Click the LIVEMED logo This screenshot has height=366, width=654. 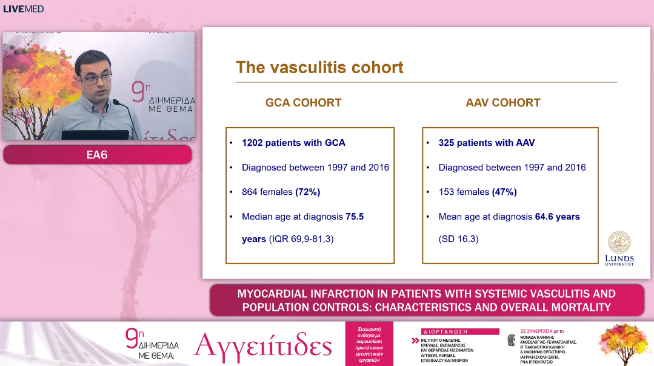click(23, 8)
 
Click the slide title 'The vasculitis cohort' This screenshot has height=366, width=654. click(319, 67)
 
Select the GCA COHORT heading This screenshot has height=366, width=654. click(303, 103)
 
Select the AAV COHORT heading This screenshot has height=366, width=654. click(503, 103)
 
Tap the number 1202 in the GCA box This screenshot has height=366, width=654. click(253, 143)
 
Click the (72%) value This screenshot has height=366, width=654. click(307, 192)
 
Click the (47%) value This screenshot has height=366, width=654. click(504, 192)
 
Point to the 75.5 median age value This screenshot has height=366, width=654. click(355, 217)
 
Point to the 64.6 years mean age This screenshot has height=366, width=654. click(558, 217)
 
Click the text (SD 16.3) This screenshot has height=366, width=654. click(459, 239)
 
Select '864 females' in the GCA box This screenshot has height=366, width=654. click(267, 192)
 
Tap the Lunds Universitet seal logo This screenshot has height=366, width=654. click(619, 242)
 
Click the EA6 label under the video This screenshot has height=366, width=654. click(97, 155)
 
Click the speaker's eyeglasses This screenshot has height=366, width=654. click(97, 77)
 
